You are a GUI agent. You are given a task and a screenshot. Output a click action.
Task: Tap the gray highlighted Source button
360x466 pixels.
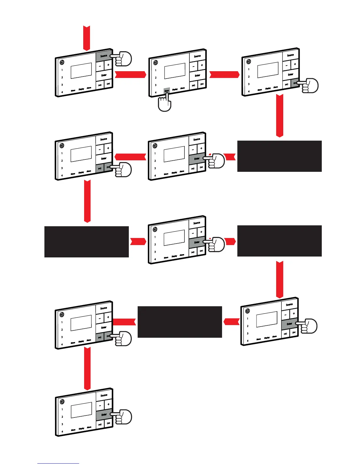tap(104, 56)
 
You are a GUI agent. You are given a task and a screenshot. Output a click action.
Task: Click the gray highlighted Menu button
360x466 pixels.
tap(167, 91)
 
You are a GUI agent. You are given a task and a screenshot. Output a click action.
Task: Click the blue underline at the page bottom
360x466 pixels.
tap(58, 463)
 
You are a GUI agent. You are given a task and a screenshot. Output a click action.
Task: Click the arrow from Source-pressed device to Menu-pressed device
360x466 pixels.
tap(130, 75)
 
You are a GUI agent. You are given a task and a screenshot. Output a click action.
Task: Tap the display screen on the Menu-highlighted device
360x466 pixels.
tap(175, 71)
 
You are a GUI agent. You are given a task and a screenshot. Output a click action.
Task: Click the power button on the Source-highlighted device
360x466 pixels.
tap(62, 62)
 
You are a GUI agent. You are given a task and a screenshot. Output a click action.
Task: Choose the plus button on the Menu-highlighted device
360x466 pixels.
tap(202, 65)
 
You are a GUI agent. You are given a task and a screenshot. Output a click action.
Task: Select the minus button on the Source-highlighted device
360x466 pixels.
tap(100, 66)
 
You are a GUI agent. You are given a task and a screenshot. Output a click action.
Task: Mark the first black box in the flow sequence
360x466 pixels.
tap(279, 156)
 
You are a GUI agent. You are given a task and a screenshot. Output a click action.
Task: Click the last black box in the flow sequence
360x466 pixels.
tap(180, 322)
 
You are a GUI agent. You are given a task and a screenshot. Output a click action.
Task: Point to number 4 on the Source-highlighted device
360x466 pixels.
tap(62, 92)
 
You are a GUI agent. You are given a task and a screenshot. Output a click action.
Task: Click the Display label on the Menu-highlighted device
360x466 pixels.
tap(175, 89)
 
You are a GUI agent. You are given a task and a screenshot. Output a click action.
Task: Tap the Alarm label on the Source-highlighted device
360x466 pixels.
tap(89, 88)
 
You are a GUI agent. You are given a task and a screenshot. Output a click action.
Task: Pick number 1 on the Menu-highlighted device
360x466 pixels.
tap(156, 70)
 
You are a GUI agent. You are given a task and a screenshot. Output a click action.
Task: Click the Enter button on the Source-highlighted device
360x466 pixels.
tap(104, 75)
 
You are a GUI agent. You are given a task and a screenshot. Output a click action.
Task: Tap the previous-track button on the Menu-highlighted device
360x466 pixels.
tap(194, 86)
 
